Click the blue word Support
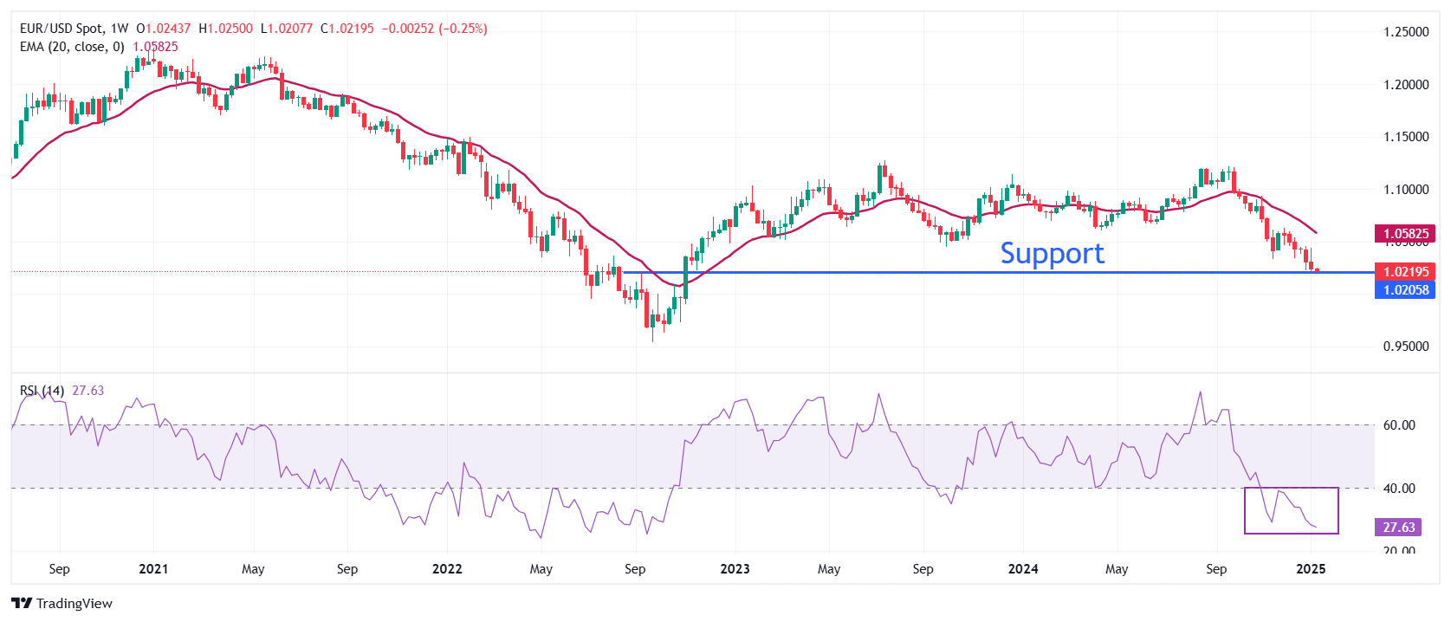(1052, 253)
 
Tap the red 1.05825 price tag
(1405, 233)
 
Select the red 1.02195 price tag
(1405, 271)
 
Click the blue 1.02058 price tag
(1405, 290)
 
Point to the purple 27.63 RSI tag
(1398, 527)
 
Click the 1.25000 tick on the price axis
(1405, 32)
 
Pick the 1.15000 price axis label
(1405, 137)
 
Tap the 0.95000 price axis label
(1405, 347)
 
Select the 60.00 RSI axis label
(1398, 425)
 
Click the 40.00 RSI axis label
(1398, 489)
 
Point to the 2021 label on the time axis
(153, 569)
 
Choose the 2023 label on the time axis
(735, 569)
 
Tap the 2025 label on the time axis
(1311, 569)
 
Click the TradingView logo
(62, 604)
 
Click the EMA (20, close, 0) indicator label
(72, 47)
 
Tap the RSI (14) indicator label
(42, 391)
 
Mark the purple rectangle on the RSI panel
(1291, 510)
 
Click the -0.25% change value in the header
(464, 29)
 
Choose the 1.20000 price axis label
(1405, 85)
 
